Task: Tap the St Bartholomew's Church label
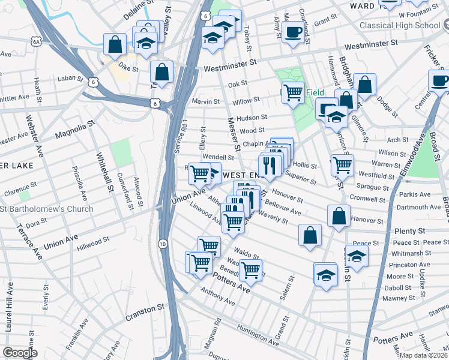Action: tap(47, 209)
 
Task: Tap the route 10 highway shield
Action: tap(163, 244)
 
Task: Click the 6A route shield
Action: tap(37, 41)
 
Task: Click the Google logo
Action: tap(20, 352)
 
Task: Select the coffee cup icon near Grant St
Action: tap(293, 31)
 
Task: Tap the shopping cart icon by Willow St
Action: tap(293, 92)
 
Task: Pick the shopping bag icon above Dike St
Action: tap(115, 44)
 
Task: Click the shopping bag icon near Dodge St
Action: tap(364, 85)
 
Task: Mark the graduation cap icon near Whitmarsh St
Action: tap(357, 256)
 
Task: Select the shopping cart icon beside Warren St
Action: tap(342, 164)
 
